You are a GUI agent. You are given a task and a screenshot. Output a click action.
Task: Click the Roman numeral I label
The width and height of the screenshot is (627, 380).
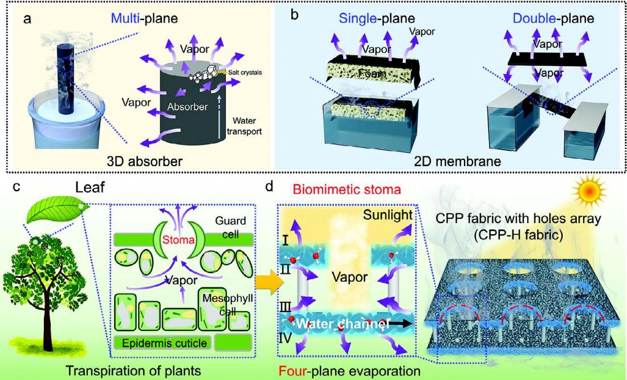pyautogui.click(x=286, y=241)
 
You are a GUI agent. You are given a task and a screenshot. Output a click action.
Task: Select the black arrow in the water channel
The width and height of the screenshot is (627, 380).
pyautogui.click(x=401, y=324)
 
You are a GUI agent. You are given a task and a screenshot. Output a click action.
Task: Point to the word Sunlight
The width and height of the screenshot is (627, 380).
pyautogui.click(x=388, y=215)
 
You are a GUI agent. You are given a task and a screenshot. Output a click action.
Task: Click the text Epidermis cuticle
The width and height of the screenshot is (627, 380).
pyautogui.click(x=165, y=343)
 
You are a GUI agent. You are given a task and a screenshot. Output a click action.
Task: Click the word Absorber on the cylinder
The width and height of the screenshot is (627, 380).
pyautogui.click(x=188, y=107)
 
